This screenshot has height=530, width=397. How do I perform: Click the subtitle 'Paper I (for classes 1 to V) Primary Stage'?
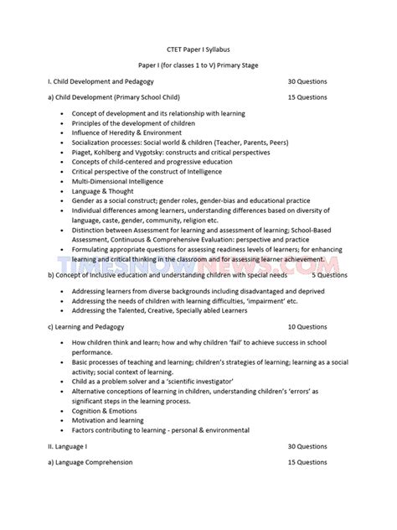click(x=198, y=65)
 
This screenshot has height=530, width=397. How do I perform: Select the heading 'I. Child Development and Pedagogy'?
click(x=97, y=82)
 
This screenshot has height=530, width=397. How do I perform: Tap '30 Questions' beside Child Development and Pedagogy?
click(x=307, y=82)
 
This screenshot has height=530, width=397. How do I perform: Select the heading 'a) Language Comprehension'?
click(x=90, y=462)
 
